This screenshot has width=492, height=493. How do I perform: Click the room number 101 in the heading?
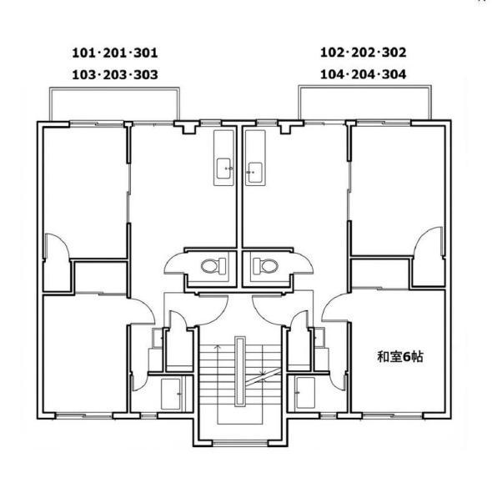[x=84, y=53]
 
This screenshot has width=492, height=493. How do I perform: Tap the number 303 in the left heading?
[x=146, y=75]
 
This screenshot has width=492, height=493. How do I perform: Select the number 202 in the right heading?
[x=363, y=53]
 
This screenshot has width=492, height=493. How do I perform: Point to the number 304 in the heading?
[x=394, y=74]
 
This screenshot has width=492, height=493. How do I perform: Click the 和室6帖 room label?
[x=400, y=357]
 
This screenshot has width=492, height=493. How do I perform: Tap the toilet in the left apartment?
[x=213, y=266]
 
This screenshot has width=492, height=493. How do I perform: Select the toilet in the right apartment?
[x=266, y=266]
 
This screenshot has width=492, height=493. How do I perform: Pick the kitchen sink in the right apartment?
[x=255, y=173]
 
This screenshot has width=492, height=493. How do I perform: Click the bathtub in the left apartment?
[x=171, y=394]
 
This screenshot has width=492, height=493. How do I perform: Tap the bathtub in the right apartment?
[x=305, y=393]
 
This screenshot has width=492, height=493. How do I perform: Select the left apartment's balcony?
[x=114, y=103]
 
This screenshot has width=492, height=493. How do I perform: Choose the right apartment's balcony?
[x=364, y=102]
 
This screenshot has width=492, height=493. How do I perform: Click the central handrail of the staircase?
[x=240, y=372]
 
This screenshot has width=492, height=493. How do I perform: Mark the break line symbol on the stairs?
[x=264, y=377]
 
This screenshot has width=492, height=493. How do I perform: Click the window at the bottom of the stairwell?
[x=240, y=444]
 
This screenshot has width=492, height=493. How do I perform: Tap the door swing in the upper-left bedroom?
[x=57, y=247]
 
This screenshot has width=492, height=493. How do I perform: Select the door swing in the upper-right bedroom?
[x=428, y=241]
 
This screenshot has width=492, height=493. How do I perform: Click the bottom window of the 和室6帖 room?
[x=393, y=415]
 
